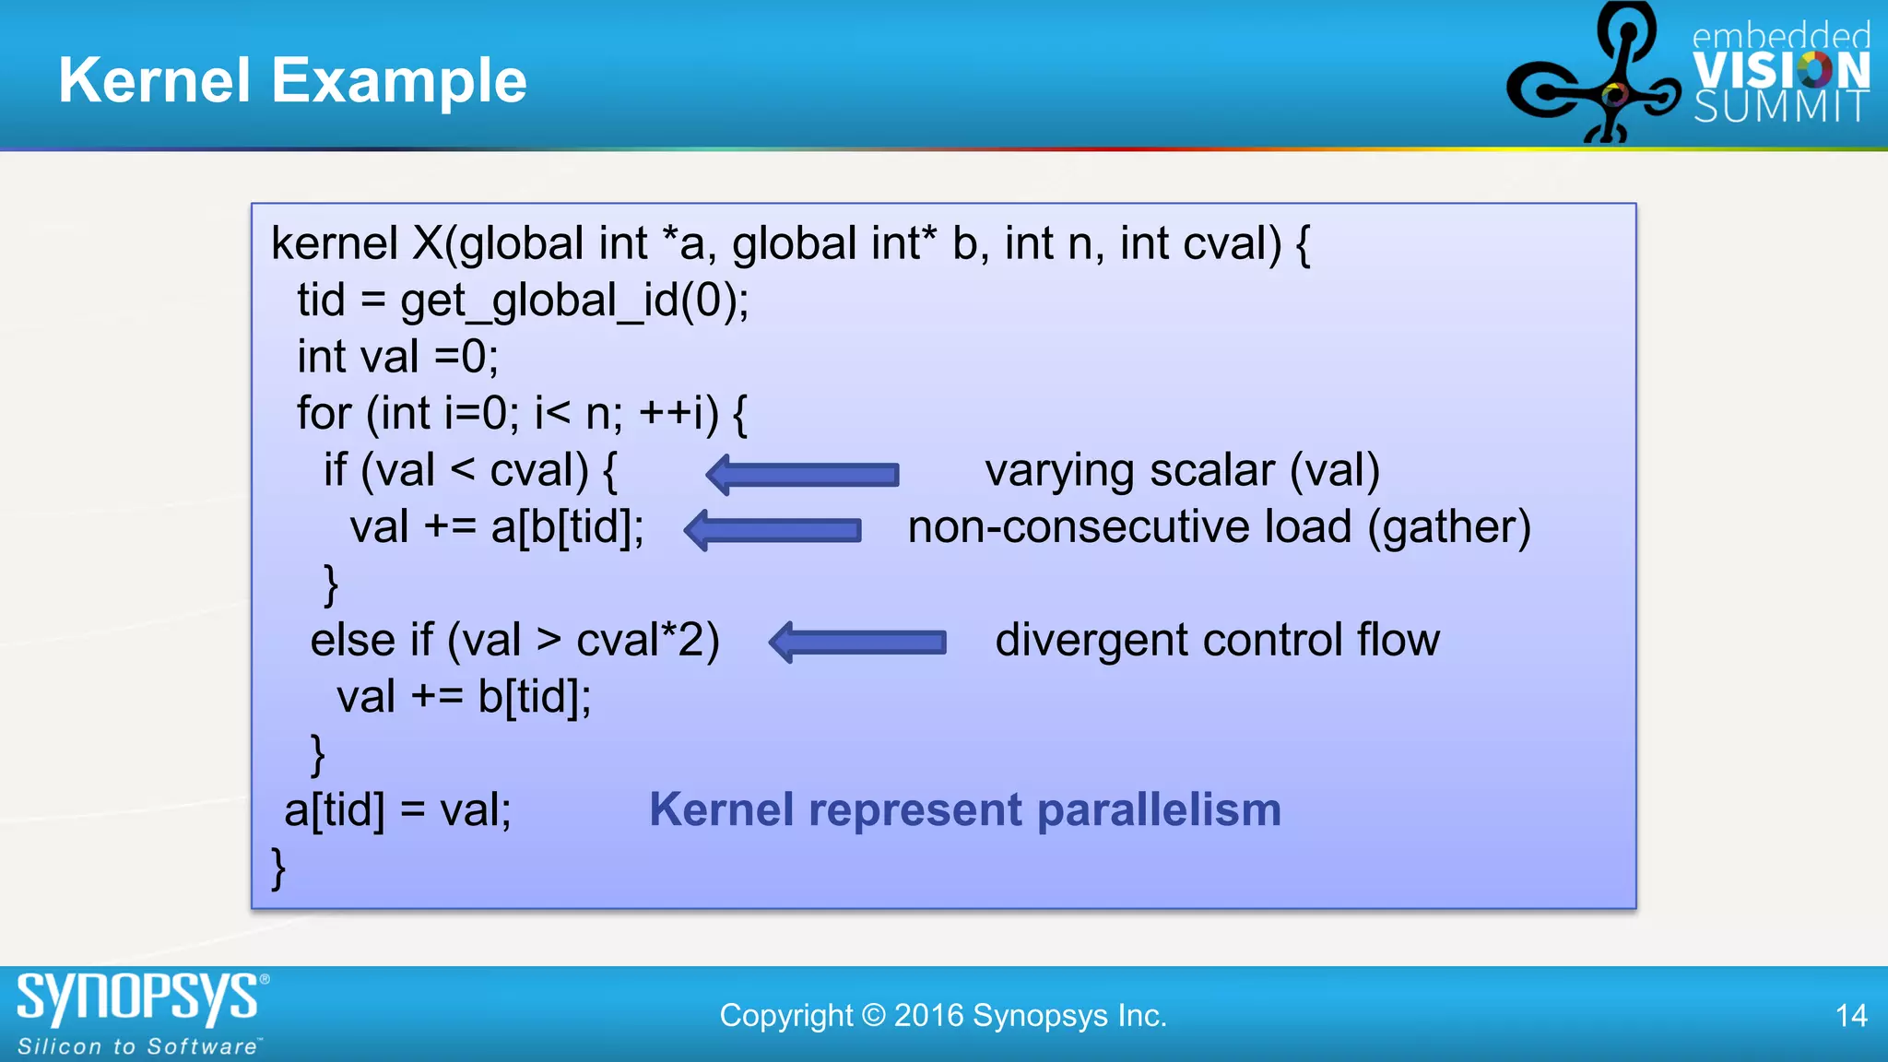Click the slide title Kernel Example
tap(292, 81)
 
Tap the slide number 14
tap(1851, 1016)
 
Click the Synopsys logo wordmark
tap(138, 997)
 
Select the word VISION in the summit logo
tap(1780, 71)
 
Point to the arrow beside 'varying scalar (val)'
tap(802, 474)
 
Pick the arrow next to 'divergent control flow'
tap(857, 642)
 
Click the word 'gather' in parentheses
tap(1448, 527)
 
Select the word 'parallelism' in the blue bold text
tap(1159, 809)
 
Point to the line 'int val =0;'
tap(397, 357)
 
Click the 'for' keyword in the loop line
tap(324, 413)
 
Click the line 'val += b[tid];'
tap(463, 697)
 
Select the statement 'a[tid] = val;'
tap(397, 810)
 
